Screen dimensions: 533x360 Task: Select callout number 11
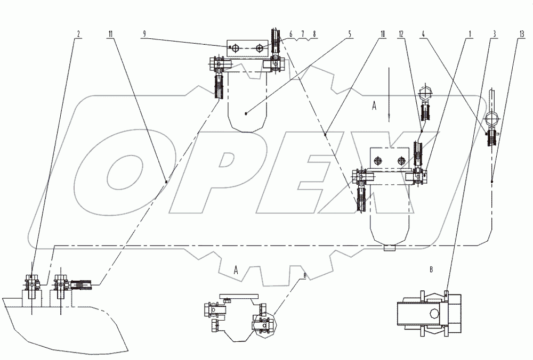[x=110, y=34]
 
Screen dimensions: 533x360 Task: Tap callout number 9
[x=144, y=34]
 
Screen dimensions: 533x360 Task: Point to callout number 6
[x=291, y=34]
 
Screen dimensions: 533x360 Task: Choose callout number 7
[x=303, y=34]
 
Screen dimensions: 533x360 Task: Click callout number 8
[x=314, y=34]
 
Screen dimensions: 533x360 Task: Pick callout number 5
[x=350, y=34]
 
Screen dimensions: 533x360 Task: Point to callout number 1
[x=469, y=34]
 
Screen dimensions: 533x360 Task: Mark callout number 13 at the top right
[x=520, y=34]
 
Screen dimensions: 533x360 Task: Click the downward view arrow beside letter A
[x=390, y=91]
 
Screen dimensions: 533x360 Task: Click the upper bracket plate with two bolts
[x=246, y=47]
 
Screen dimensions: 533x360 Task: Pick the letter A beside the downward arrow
[x=374, y=106]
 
